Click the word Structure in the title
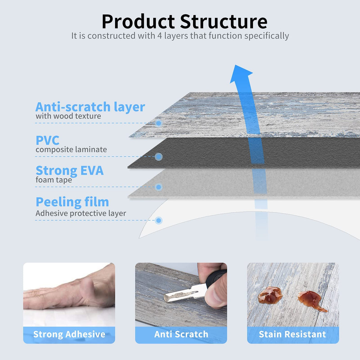click(224, 22)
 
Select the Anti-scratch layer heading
click(90, 107)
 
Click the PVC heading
click(47, 140)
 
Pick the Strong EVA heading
click(69, 171)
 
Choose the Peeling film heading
click(72, 202)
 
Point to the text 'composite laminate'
click(71, 149)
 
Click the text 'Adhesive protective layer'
click(81, 213)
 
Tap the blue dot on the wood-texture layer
click(159, 123)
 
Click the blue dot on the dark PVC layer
click(159, 157)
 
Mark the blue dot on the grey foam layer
click(159, 187)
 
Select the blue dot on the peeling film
click(159, 220)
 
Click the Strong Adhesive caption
click(69, 334)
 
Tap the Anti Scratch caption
click(181, 334)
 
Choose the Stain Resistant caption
click(292, 334)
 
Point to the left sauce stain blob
click(270, 294)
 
